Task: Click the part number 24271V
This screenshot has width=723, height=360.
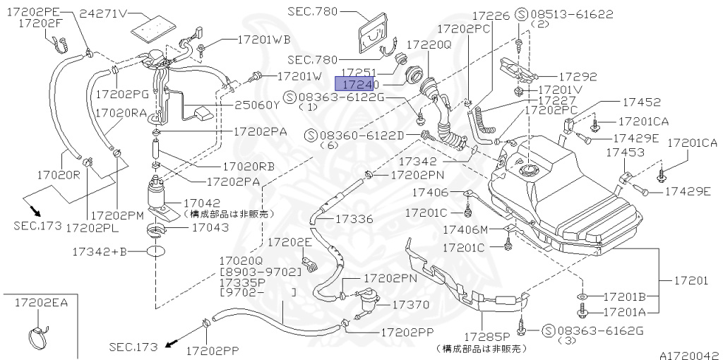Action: (103, 13)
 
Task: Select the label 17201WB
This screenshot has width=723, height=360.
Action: (253, 40)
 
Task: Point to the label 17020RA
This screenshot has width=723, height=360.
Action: (121, 112)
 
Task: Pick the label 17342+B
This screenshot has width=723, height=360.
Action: (100, 251)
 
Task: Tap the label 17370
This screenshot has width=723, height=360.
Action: (410, 304)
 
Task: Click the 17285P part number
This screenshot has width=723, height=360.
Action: (486, 337)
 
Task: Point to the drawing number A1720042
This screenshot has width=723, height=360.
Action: (689, 354)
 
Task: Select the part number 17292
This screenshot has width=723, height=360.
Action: (578, 77)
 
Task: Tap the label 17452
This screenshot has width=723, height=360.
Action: (621, 102)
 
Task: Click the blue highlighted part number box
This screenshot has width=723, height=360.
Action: (358, 83)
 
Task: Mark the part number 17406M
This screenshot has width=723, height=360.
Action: (465, 229)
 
